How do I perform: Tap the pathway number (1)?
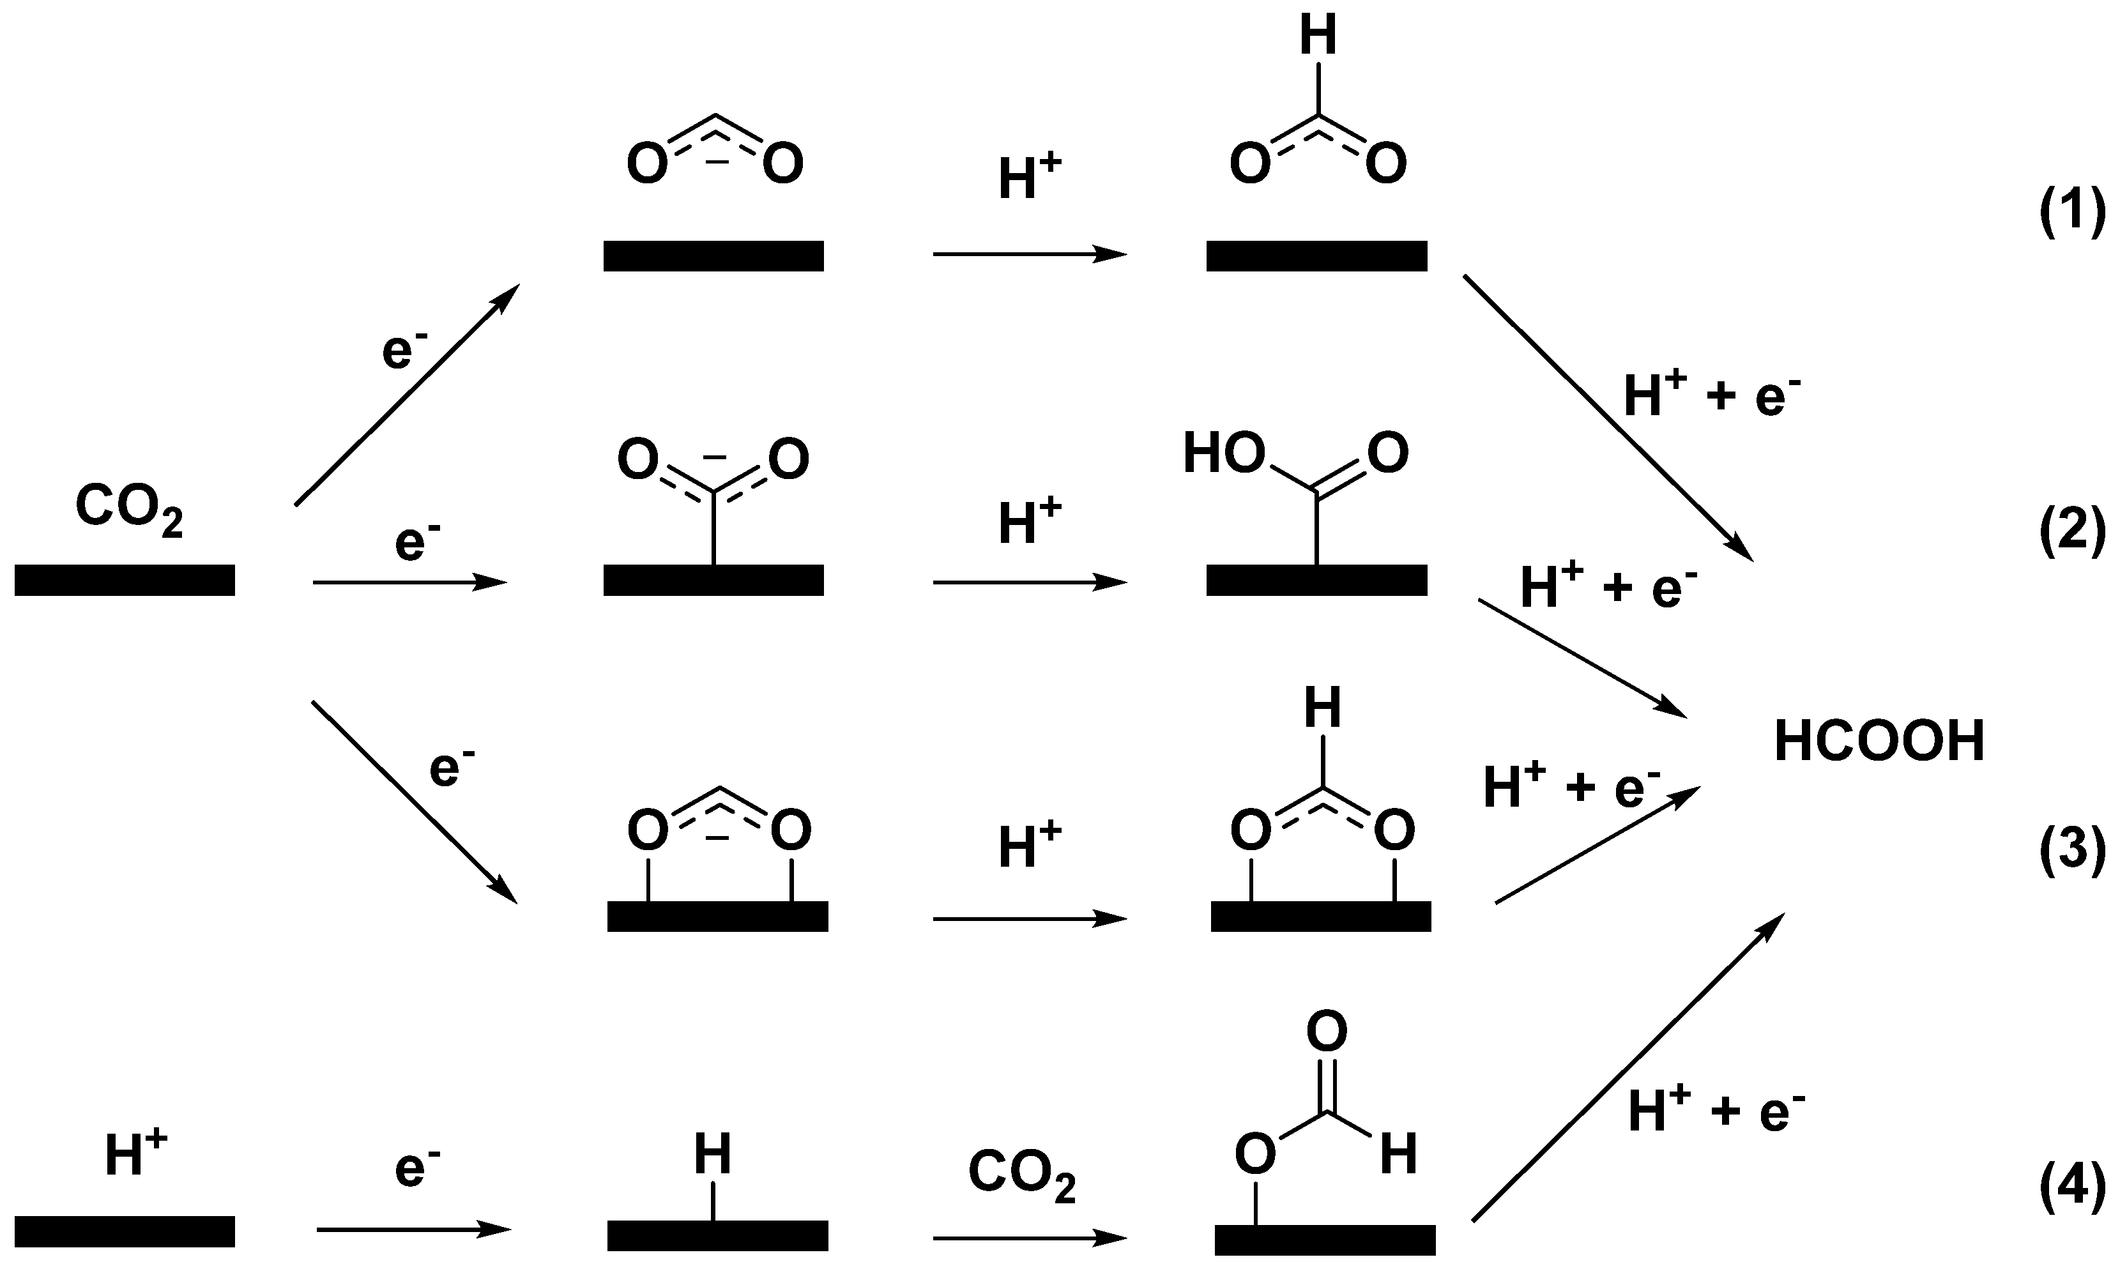[2071, 213]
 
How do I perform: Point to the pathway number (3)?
[2071, 852]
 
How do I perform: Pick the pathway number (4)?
[2071, 1191]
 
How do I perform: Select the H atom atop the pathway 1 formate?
[1318, 38]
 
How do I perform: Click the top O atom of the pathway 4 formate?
[1327, 1031]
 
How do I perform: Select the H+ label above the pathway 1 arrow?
[1029, 180]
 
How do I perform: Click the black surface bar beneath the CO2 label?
[125, 580]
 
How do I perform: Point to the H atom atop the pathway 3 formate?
[1322, 709]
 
